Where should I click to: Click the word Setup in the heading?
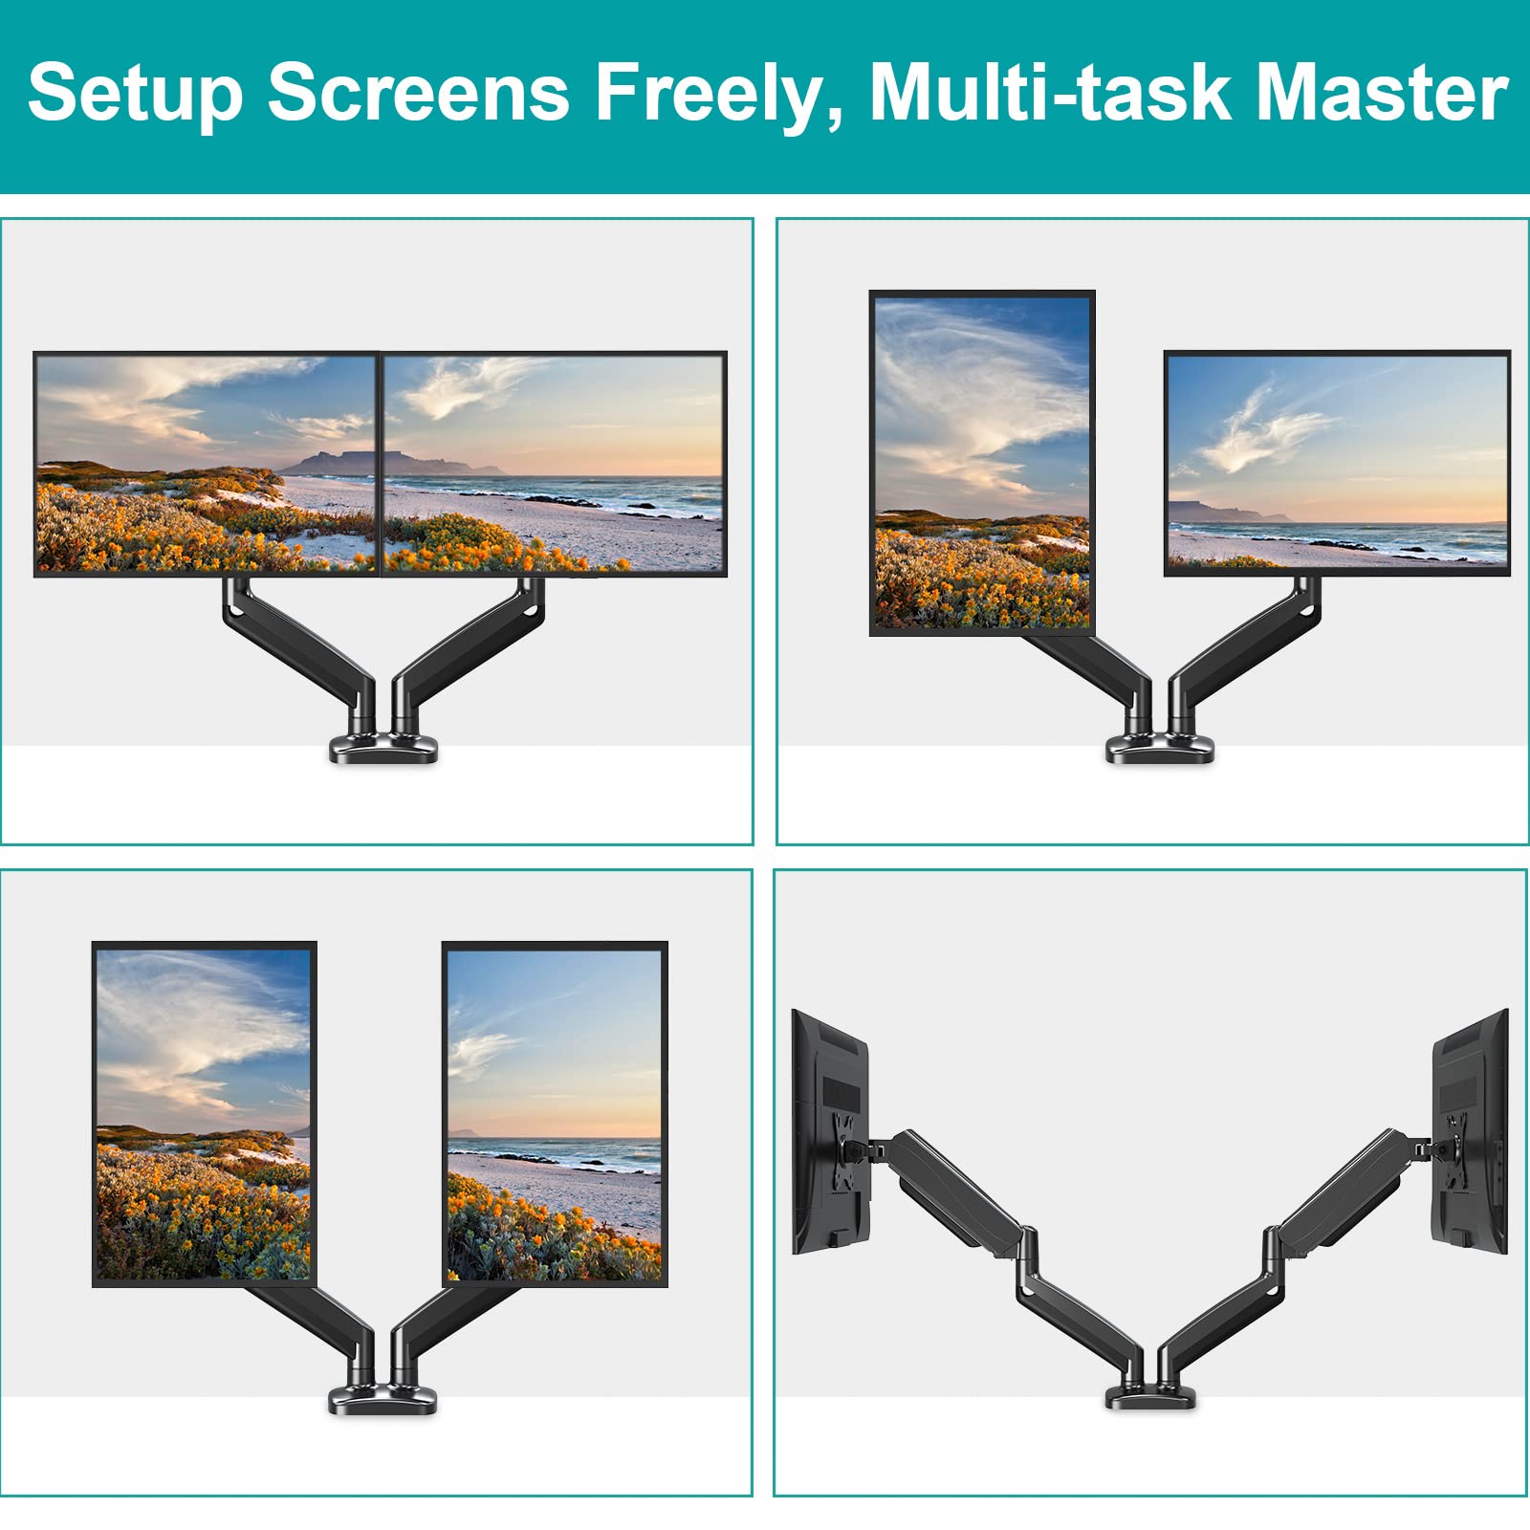click(135, 95)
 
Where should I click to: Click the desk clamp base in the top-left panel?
click(383, 747)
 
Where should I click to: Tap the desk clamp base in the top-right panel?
click(1160, 747)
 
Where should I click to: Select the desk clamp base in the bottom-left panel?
click(383, 1399)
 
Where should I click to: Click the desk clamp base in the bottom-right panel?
click(1150, 1396)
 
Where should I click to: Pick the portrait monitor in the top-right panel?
click(982, 463)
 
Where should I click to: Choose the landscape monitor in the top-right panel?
click(1337, 463)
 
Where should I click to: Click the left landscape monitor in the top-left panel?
click(207, 464)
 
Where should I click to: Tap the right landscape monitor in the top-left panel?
click(554, 464)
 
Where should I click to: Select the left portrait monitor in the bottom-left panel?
click(205, 1114)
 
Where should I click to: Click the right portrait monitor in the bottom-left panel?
click(555, 1114)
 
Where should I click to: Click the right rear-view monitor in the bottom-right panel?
click(1470, 1131)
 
